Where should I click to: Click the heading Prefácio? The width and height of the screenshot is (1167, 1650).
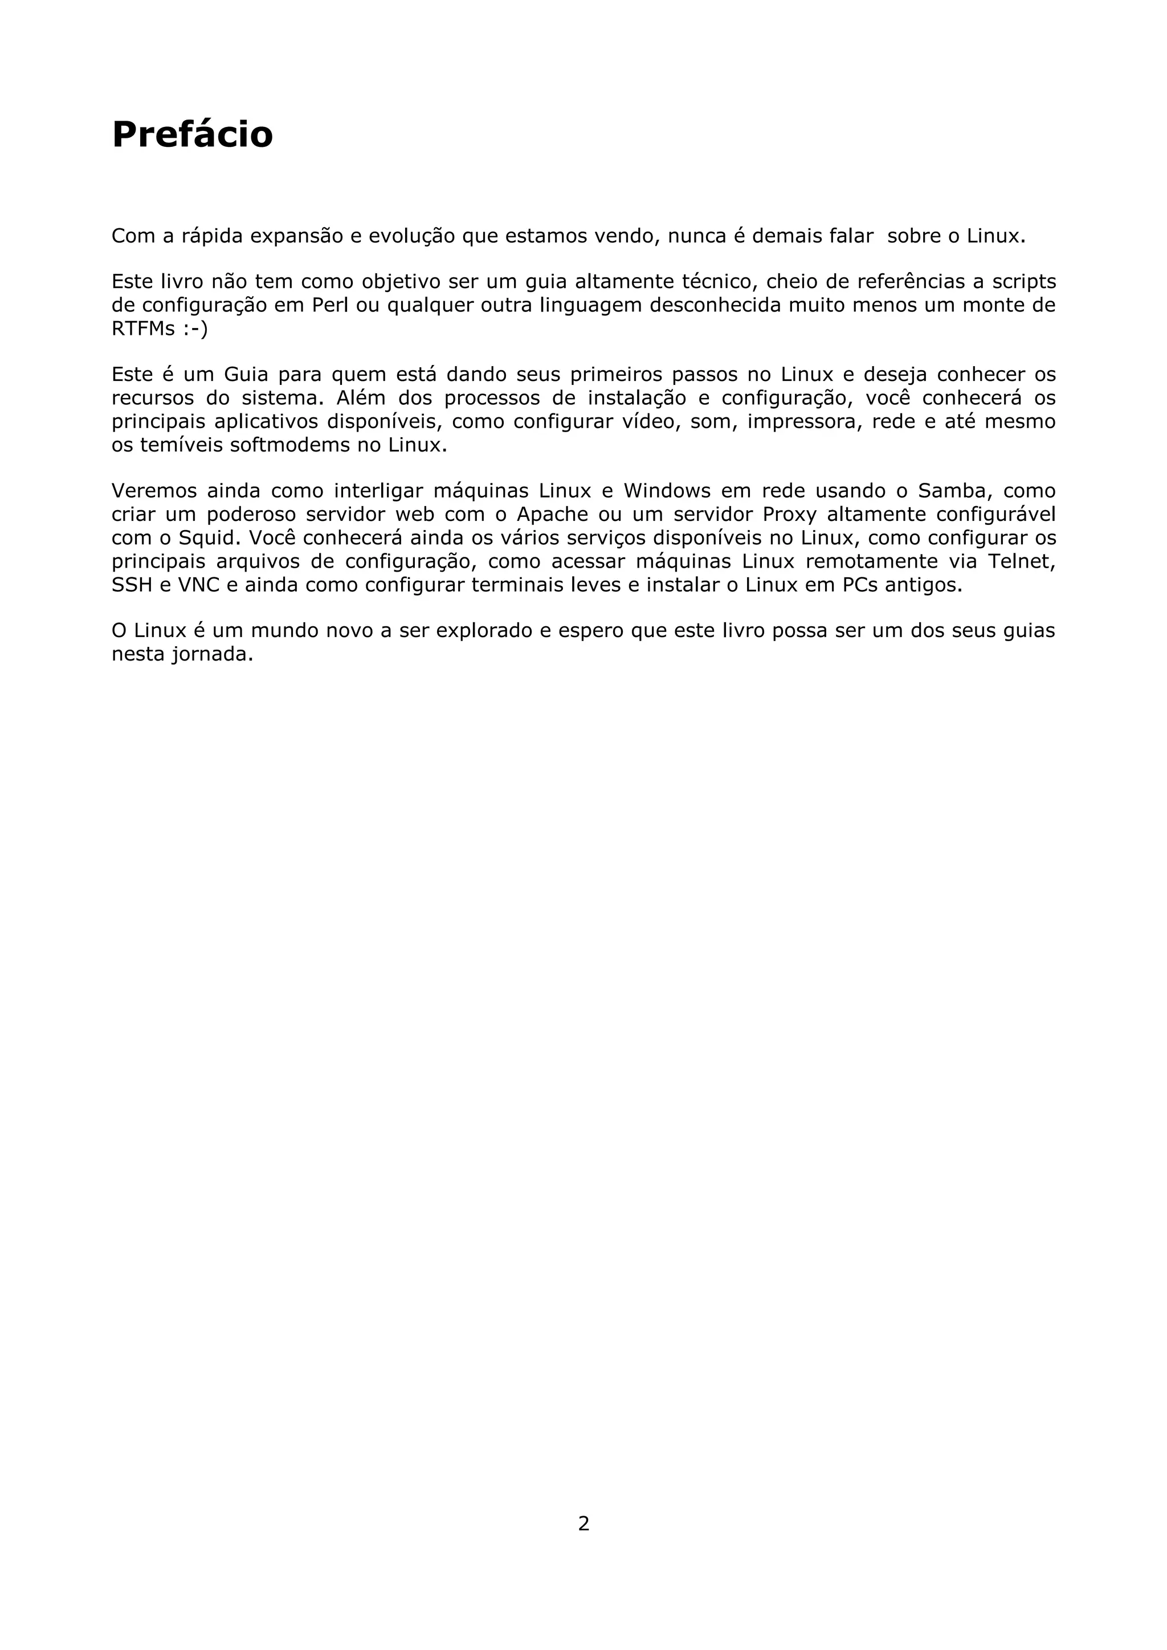(192, 134)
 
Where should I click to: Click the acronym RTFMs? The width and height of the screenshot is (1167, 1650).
(143, 329)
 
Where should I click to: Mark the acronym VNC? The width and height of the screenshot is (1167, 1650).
(198, 585)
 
